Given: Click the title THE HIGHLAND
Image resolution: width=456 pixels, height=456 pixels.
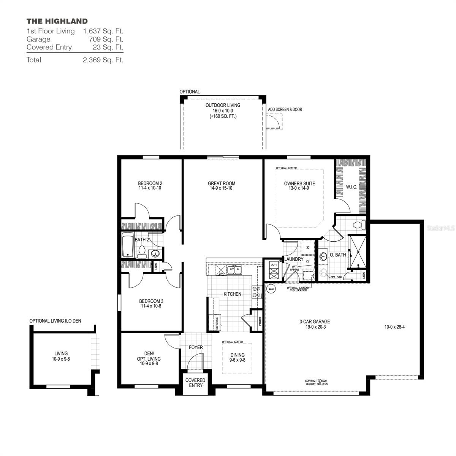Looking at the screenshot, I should tap(57, 21).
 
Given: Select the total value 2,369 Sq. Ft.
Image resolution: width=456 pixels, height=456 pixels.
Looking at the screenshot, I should tap(103, 60).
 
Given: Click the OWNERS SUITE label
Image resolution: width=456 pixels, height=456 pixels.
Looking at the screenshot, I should tap(299, 184).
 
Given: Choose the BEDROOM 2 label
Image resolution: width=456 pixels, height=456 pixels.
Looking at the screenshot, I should tap(150, 184).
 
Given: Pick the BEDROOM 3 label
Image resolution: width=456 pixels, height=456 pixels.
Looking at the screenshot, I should tap(151, 301).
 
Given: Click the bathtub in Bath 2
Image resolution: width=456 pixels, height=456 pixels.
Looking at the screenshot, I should tap(128, 245).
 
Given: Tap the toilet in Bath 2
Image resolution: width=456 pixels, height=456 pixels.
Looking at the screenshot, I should tap(142, 252).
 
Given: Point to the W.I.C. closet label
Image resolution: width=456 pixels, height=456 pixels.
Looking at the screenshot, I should tap(351, 187).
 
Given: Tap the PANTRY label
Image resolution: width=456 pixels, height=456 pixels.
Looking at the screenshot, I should tap(260, 321).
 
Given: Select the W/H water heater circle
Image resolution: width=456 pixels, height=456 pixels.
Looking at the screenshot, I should tap(271, 289).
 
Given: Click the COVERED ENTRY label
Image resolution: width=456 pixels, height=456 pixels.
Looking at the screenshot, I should tap(195, 383).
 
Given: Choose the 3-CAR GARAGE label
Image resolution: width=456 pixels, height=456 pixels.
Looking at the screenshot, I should tap(315, 321).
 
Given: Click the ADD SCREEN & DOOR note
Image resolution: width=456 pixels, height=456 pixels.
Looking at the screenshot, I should tap(285, 109).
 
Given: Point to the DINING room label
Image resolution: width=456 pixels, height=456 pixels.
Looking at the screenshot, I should tap(237, 355).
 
